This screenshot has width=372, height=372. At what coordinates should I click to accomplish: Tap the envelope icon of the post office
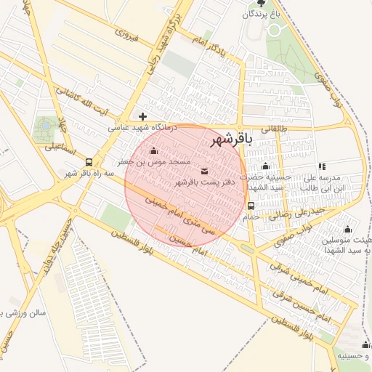tap(203, 171)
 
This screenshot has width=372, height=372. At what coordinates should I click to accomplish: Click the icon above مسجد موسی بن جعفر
tap(153, 152)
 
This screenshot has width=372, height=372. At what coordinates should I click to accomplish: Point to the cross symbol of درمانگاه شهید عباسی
tap(142, 116)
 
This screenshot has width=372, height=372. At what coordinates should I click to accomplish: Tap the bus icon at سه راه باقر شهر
tap(89, 163)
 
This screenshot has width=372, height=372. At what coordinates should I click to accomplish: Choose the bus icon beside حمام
tap(251, 206)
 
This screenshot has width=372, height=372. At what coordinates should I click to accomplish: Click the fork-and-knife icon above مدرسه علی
tap(322, 167)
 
